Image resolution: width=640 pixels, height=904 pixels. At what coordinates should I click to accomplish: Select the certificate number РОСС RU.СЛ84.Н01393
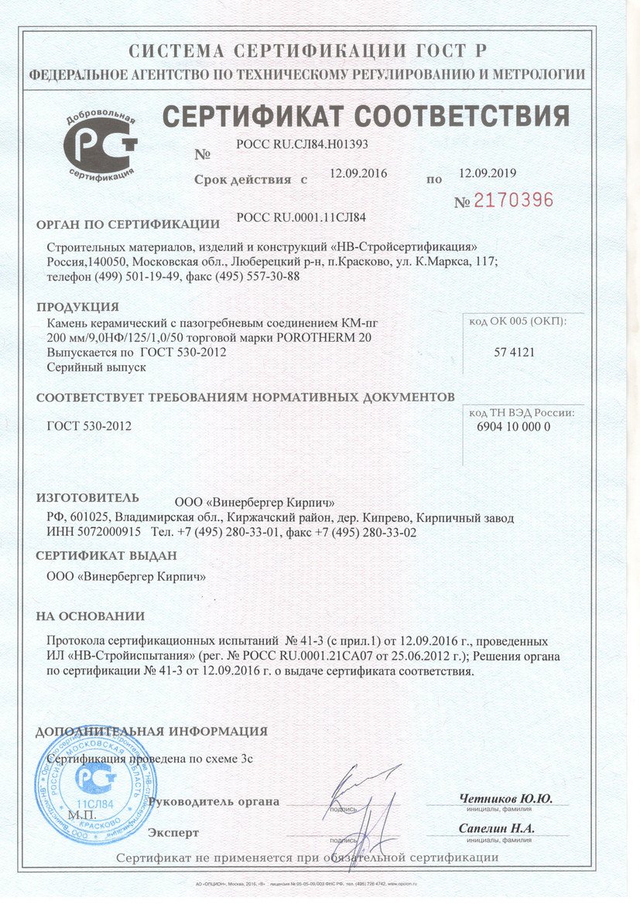[x=302, y=143]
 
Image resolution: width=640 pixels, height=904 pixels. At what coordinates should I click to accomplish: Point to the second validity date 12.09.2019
[x=488, y=173]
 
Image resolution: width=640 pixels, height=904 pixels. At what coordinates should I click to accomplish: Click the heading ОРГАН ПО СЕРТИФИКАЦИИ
[x=128, y=226]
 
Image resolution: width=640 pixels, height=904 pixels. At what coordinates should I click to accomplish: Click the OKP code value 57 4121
[x=515, y=352]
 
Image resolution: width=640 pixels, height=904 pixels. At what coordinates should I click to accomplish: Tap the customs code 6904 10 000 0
[x=510, y=427]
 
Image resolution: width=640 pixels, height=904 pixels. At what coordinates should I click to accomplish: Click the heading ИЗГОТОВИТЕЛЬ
[x=88, y=497]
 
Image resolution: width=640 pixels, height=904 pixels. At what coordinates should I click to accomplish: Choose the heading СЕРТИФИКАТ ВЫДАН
[x=107, y=556]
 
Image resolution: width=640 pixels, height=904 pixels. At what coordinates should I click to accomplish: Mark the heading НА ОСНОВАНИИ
[x=90, y=616]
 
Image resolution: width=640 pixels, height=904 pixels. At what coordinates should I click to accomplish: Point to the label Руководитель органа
[x=214, y=802]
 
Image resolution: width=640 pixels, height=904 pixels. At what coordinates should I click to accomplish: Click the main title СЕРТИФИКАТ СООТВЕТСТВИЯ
[x=365, y=117]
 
